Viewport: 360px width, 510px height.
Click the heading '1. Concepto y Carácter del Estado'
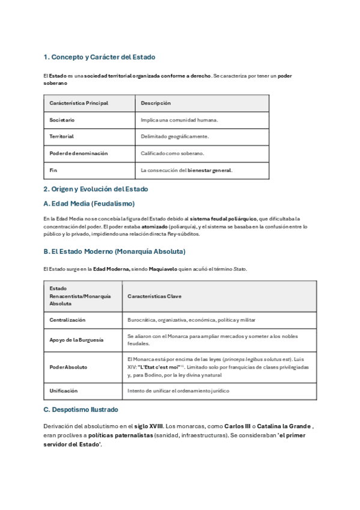coord(99,57)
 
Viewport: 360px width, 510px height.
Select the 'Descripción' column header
coord(156,103)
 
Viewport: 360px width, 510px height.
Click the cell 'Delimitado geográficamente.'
coord(174,137)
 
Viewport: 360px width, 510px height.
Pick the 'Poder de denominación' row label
coord(78,153)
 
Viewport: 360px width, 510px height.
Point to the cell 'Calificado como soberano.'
coord(172,153)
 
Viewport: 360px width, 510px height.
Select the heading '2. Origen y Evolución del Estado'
coord(96,189)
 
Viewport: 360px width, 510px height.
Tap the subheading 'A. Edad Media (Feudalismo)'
coord(89,203)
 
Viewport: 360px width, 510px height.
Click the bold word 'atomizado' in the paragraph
coord(155,227)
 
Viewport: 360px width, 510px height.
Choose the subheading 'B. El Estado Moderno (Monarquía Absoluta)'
coord(114,251)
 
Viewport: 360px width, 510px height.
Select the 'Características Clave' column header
coord(154,296)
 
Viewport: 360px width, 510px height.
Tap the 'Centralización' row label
coord(67,320)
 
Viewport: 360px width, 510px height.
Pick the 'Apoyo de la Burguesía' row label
coord(76,340)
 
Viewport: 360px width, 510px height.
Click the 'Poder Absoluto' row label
coord(68,367)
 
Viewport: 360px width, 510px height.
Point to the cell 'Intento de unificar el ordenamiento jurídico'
coord(178,390)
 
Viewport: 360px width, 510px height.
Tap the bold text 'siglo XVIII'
coord(148,426)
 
